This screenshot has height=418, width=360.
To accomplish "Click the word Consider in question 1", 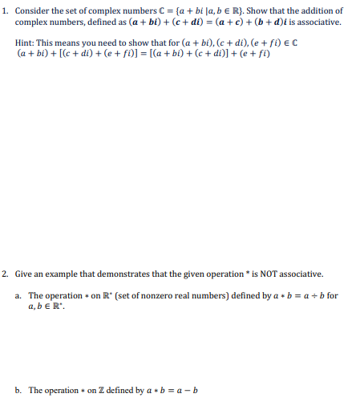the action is coord(33,11).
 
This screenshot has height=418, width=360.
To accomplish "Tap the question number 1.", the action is coord(5,11).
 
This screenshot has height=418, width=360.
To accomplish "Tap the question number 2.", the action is coord(5,274).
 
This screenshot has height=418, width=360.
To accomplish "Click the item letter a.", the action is coord(18,295).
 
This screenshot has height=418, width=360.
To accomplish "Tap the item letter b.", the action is coord(18,391).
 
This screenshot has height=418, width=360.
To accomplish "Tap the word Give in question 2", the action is coord(22,274).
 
